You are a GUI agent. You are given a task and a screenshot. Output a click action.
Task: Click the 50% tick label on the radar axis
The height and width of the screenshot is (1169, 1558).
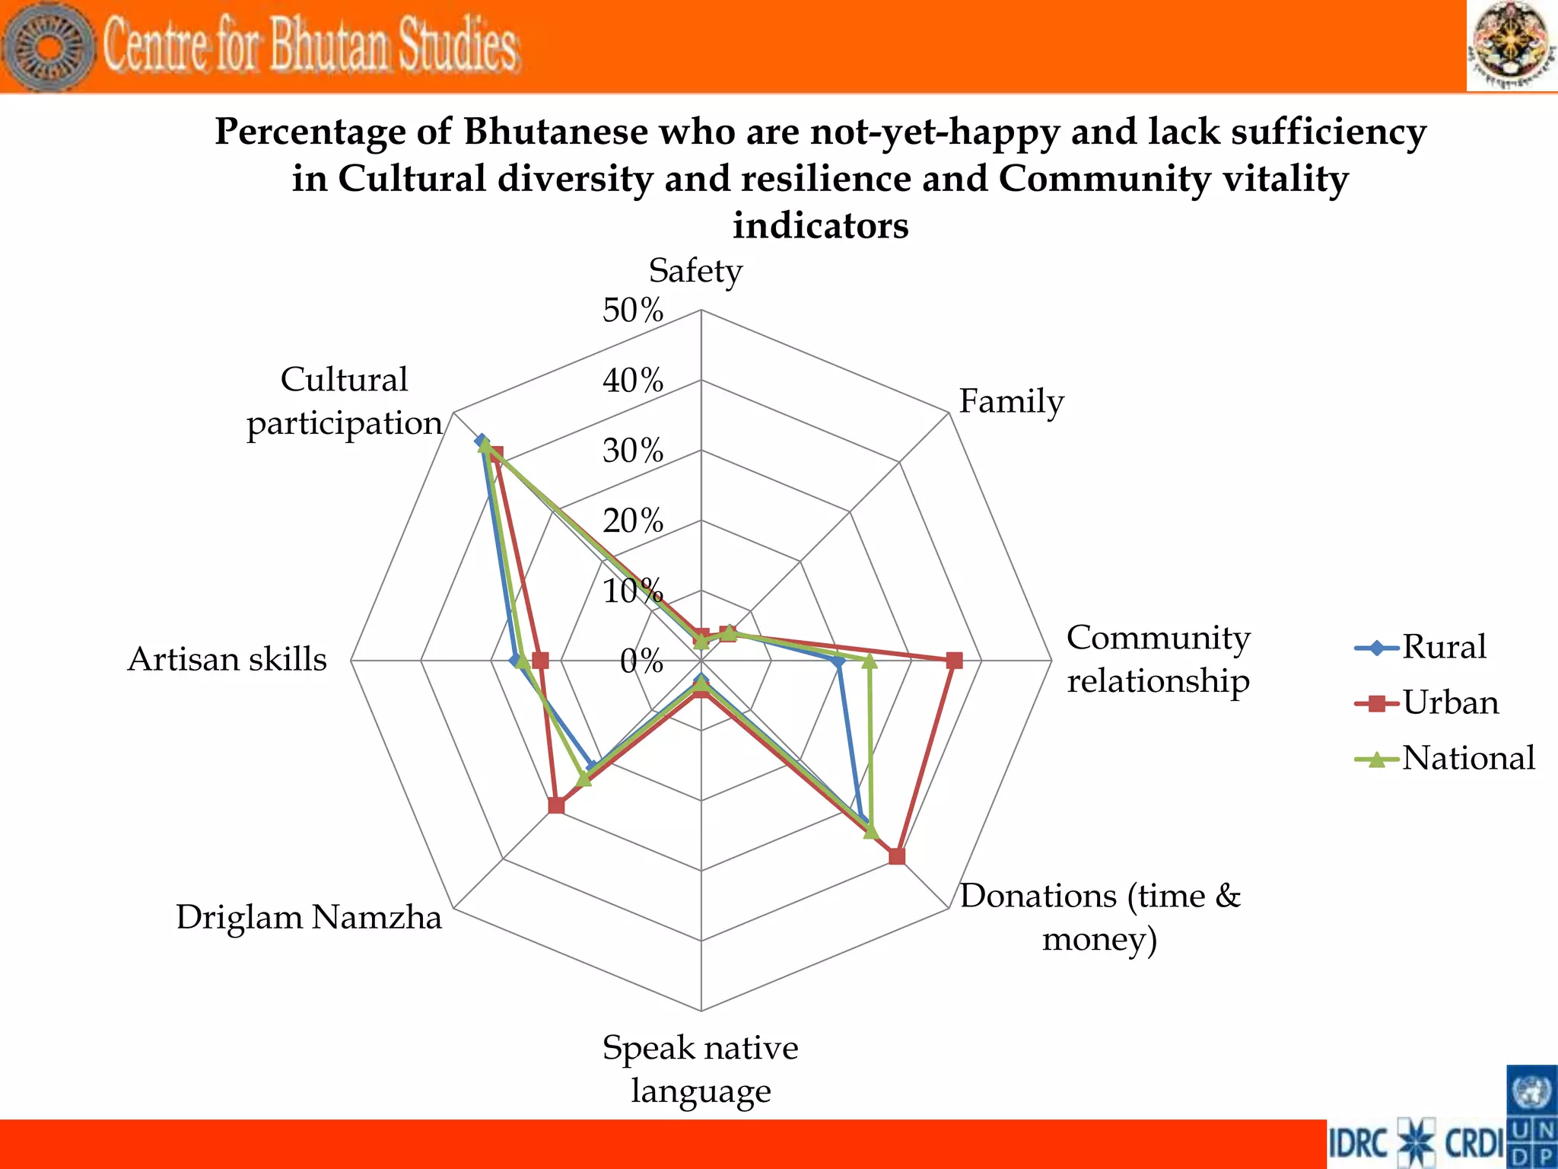point(632,311)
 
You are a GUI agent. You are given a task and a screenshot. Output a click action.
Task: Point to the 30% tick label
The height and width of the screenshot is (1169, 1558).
point(632,451)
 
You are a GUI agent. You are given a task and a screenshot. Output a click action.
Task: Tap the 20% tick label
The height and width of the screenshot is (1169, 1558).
point(632,521)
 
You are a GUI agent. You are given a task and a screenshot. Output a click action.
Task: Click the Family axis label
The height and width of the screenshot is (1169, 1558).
point(1010,402)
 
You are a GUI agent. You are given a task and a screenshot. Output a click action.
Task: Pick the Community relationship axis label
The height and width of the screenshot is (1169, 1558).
point(1157,659)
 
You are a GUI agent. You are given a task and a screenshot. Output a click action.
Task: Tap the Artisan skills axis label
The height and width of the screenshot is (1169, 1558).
point(227,659)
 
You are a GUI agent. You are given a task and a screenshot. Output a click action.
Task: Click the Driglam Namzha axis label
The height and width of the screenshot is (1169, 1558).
point(308,917)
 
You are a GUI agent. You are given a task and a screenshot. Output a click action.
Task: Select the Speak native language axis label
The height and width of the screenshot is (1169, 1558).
point(700,1069)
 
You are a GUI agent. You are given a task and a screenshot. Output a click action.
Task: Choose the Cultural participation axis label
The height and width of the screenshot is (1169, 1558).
point(344,402)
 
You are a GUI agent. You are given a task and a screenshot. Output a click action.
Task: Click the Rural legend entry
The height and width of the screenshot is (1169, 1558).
point(1443,648)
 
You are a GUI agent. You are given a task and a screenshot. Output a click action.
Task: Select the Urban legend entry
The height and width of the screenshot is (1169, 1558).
point(1450,703)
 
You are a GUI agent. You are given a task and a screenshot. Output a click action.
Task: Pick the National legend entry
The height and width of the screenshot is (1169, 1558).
point(1467,759)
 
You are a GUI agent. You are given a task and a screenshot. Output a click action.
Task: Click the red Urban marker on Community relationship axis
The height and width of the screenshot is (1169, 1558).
point(954,661)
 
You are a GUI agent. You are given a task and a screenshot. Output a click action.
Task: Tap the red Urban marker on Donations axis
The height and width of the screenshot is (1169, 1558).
point(897,856)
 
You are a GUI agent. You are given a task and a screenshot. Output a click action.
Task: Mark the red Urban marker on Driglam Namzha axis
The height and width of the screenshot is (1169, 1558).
point(556,805)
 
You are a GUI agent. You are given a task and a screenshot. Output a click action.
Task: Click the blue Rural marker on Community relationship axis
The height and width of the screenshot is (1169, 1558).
point(838,663)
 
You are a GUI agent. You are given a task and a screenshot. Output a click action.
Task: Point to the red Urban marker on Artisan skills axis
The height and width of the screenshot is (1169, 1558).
point(539,661)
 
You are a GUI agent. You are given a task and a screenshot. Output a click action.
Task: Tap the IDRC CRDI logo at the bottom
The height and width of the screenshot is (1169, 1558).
point(1417,1143)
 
